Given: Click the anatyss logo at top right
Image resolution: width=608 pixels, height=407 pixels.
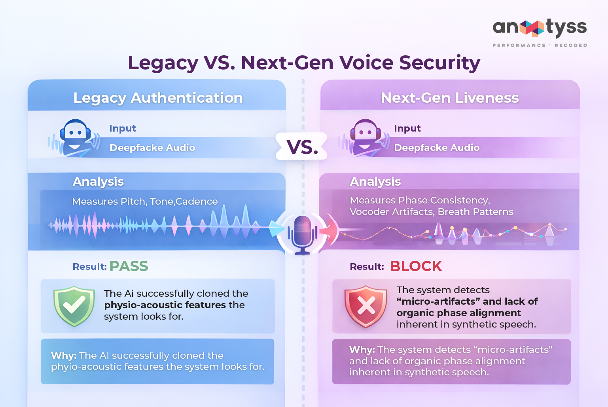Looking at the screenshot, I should [x=539, y=28].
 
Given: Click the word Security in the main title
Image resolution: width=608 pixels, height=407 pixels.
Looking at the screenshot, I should [x=439, y=63].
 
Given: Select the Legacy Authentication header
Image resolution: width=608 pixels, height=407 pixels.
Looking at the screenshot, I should [x=158, y=98].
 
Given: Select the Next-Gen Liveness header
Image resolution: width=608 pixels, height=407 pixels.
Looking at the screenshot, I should [x=449, y=98].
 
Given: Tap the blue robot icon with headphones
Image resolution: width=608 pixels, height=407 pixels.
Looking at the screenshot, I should [x=75, y=138].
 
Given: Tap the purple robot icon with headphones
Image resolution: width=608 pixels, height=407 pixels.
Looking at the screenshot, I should [x=365, y=138].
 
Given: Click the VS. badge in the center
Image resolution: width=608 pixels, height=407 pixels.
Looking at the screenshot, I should [x=302, y=147].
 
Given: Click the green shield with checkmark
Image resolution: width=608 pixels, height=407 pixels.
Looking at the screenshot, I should [x=74, y=306].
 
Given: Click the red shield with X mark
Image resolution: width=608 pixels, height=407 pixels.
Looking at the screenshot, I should [x=366, y=306].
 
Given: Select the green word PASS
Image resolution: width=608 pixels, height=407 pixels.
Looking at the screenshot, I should [x=129, y=266].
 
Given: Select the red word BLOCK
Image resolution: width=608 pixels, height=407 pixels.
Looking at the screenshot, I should [x=416, y=266].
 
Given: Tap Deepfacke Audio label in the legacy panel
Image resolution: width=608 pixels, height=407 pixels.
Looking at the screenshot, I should [x=152, y=148].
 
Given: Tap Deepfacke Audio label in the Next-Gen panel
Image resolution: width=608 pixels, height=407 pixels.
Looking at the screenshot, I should [x=437, y=148].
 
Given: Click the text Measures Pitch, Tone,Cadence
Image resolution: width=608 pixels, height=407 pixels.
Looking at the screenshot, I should [x=145, y=202].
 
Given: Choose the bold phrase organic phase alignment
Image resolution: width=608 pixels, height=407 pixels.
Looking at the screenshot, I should [x=458, y=313].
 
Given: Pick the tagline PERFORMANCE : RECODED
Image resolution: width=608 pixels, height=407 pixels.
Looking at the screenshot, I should [x=540, y=45].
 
